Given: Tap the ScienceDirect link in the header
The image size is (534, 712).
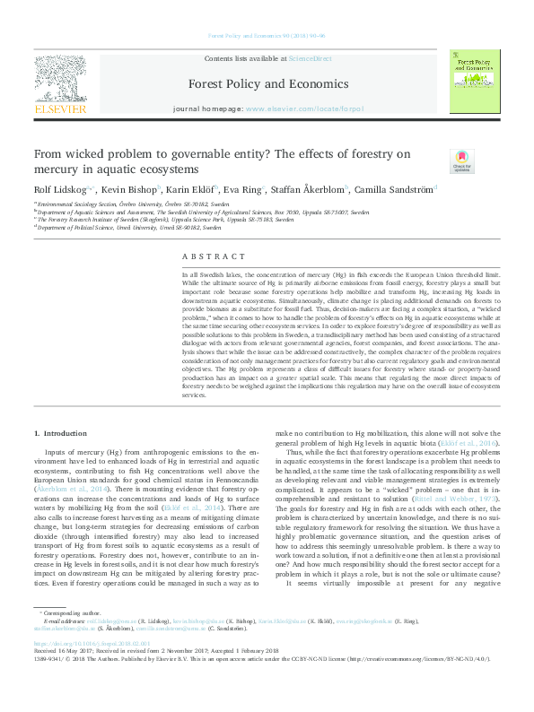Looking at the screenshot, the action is click(310, 57).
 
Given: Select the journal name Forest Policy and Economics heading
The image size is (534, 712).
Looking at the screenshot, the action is click(267, 83).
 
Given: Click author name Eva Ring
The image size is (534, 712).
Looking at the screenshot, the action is click(240, 190).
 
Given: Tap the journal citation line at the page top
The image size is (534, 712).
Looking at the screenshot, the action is click(267, 36).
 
